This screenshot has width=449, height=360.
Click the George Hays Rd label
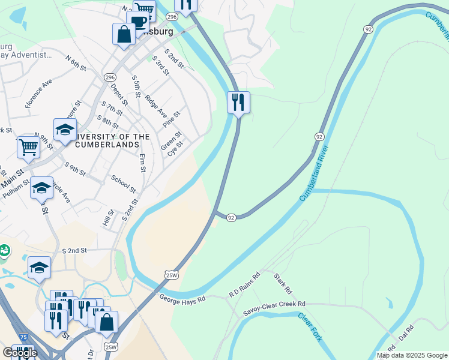coord(182,297)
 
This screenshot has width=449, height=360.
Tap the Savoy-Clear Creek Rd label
coord(274,308)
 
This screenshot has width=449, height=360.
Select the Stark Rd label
coord(282,284)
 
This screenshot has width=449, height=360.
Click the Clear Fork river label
coord(310,326)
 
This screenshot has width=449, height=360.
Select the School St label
coord(124,184)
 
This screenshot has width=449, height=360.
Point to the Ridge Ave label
coord(156,105)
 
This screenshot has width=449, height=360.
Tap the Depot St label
coord(116,94)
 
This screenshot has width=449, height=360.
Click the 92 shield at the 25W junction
coord(231,217)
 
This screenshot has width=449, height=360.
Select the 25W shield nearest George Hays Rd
coord(172,274)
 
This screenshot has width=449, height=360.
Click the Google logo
coord(20,352)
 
